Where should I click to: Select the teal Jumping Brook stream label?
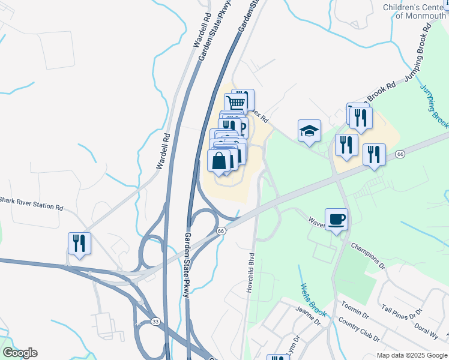[435, 106]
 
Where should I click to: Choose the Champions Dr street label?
[367, 254]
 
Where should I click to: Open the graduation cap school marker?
[309, 130]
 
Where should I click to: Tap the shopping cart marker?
[236, 103]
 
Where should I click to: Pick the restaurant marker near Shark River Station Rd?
[79, 243]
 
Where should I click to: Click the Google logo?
[20, 353]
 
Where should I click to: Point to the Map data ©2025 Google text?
[411, 355]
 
